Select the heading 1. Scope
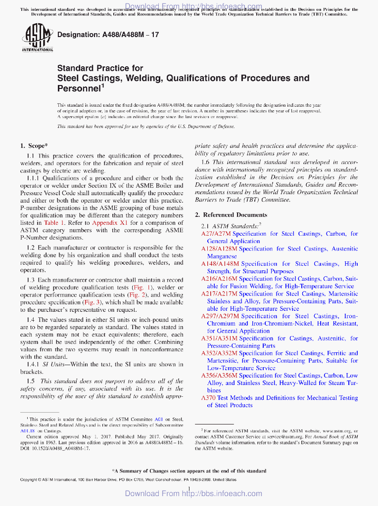34,146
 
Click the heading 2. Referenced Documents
231,215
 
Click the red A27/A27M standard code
215,234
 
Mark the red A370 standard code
208,398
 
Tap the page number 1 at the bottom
189,490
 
